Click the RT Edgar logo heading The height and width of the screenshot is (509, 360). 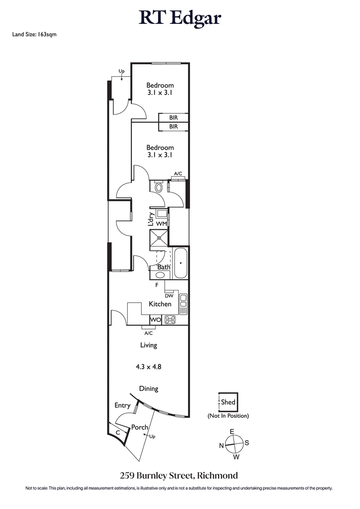pos(180,18)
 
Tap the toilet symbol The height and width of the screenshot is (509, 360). pos(158,187)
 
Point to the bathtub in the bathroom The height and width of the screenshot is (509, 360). pos(180,263)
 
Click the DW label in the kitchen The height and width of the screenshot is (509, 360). pos(169,295)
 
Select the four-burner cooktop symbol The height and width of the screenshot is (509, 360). pos(170,320)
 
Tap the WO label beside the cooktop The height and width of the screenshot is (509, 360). pos(155,320)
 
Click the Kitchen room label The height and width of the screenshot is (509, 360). pos(160,304)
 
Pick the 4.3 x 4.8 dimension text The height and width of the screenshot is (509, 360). pos(148,366)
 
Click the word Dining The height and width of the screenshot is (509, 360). pos(148,388)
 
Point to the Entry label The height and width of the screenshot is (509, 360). pos(122,406)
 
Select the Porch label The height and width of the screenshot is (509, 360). pos(139,427)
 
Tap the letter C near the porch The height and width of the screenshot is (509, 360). pos(118,432)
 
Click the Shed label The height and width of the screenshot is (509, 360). pos(228,402)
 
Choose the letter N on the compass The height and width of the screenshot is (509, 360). pos(221,445)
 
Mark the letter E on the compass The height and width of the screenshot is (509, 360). pos(232,432)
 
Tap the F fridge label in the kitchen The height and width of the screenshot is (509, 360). pos(157,285)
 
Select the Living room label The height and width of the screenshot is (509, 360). pos(148,345)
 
